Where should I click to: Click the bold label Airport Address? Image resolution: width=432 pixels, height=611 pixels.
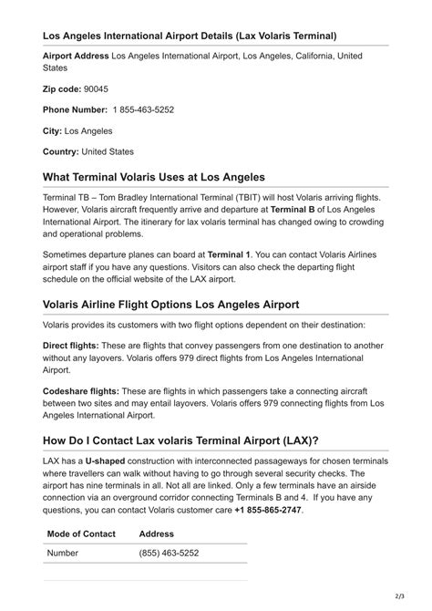(76, 56)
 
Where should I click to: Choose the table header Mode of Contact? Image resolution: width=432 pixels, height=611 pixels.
(80, 533)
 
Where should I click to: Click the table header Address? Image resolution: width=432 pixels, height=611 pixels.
(156, 533)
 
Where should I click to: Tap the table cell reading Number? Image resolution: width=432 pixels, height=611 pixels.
(64, 553)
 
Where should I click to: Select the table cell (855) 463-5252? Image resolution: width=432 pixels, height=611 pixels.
(169, 553)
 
